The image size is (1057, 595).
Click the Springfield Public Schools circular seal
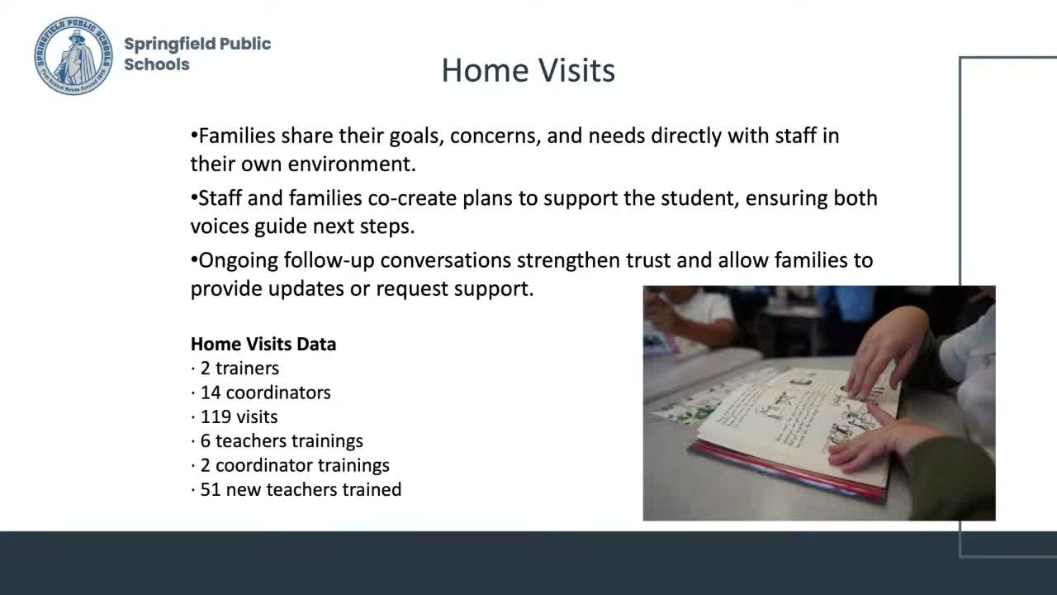click(x=73, y=55)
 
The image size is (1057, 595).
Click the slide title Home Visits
click(x=528, y=70)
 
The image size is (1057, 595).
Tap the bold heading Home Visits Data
click(x=263, y=344)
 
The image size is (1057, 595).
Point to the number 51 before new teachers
click(x=211, y=489)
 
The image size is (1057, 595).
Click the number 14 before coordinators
click(x=211, y=393)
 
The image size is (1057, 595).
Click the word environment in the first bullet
click(x=351, y=164)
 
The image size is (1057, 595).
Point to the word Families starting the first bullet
click(x=237, y=136)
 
